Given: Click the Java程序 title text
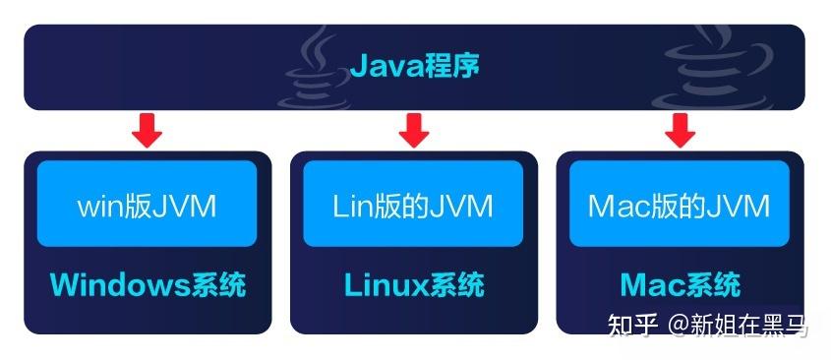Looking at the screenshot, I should pos(414,68).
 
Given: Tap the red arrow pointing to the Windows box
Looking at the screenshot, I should pos(148,129).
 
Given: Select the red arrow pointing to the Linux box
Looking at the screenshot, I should pos(414,129).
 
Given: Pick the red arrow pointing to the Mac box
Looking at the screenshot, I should pos(680,129).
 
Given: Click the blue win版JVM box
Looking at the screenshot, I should pos(148,204).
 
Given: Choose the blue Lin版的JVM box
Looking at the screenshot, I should pos(414,204).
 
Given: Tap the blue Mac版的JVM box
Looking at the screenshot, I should pos(680,204).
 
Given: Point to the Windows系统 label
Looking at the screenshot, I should pos(148,285).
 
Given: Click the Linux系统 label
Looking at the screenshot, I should pos(414,285).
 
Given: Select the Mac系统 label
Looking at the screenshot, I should pos(680,285).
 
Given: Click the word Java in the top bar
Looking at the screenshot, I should pos(382,68).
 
